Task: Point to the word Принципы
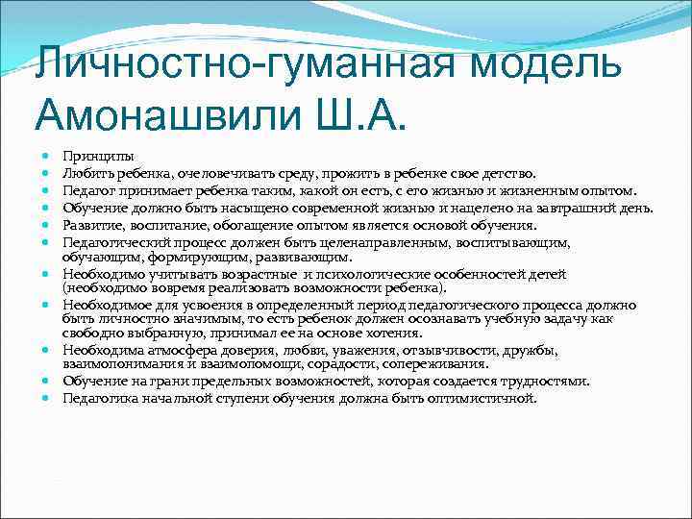(x=98, y=156)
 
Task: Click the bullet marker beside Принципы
(x=45, y=156)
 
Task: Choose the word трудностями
(x=547, y=382)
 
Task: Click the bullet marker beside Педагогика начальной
(x=45, y=399)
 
